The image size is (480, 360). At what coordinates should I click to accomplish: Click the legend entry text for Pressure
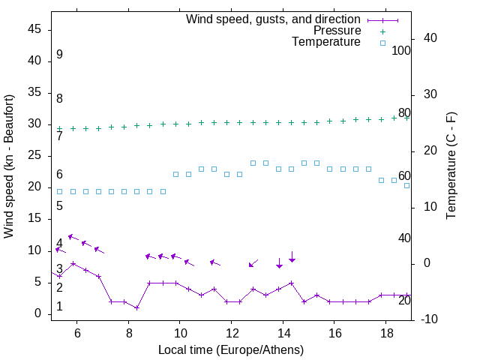337,31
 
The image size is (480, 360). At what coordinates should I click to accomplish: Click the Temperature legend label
326,43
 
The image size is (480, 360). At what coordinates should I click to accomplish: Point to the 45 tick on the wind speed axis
34,29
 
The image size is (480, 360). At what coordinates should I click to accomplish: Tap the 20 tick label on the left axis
34,187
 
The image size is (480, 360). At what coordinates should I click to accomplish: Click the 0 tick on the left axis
38,313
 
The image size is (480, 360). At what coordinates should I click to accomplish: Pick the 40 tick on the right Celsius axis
430,37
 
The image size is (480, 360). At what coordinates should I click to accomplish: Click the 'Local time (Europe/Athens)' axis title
231,349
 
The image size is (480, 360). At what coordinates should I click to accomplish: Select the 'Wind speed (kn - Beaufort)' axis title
9,166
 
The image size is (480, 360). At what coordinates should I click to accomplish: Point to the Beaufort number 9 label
59,55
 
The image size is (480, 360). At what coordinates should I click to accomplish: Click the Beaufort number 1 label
59,307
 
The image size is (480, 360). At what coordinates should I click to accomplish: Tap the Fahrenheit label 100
401,51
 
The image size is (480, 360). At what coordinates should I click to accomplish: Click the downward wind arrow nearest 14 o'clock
279,262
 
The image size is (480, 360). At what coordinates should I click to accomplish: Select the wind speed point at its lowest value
136,307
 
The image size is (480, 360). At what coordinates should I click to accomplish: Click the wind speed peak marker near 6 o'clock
73,264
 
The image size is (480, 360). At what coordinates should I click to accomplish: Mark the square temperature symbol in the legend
382,43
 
